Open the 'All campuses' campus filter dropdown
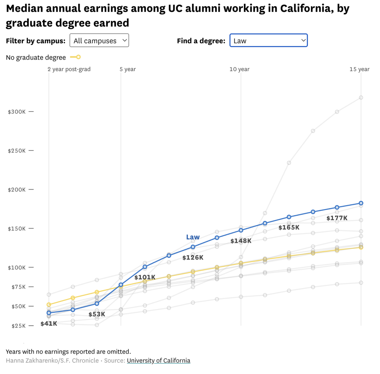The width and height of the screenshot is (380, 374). [99, 40]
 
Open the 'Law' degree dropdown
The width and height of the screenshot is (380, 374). [268, 40]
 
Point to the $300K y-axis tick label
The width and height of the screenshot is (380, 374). [17, 112]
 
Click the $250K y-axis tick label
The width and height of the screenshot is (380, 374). [17, 151]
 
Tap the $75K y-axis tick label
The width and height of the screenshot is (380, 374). [18, 287]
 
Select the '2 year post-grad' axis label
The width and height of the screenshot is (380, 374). [69, 69]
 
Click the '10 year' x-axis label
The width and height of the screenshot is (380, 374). [239, 69]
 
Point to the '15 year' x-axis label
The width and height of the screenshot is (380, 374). [359, 69]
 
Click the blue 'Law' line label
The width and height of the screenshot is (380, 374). [193, 237]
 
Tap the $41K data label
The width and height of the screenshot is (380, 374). [49, 324]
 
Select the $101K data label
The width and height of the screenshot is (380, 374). [145, 277]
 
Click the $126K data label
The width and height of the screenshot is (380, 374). [193, 258]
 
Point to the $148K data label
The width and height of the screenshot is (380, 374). [241, 241]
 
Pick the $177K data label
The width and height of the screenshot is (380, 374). [337, 218]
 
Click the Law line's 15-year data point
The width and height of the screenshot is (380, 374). [361, 203]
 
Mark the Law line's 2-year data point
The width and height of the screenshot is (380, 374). [49, 313]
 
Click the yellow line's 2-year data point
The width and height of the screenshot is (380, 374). [49, 305]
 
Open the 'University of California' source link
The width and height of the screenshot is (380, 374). [158, 361]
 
